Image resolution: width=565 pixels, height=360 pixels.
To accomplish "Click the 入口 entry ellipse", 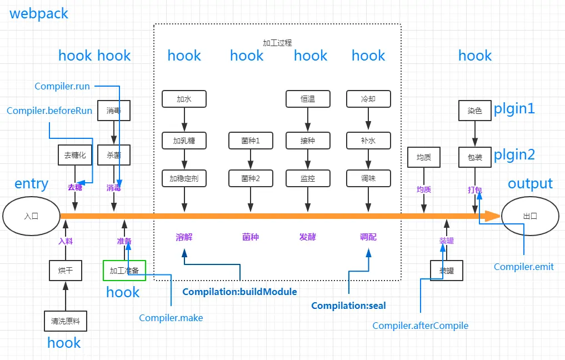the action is (x=31, y=216).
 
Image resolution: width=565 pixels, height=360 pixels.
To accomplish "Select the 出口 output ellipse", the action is (x=530, y=216).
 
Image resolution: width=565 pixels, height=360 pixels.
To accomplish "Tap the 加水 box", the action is (x=184, y=99).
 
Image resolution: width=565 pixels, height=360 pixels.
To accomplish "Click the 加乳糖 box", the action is (x=184, y=141).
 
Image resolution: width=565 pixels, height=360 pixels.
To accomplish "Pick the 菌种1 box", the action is (x=251, y=141).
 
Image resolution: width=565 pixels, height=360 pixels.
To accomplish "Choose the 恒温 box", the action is (x=308, y=99).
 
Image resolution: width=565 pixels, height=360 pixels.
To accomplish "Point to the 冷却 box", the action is (x=368, y=99).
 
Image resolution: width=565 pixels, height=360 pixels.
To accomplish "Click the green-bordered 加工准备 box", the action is (x=124, y=270).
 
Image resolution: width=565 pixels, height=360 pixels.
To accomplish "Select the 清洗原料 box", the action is (x=66, y=321).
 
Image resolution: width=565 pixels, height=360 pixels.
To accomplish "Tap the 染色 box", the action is (x=475, y=110).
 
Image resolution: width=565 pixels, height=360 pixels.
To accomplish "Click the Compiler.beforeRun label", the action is (x=49, y=111).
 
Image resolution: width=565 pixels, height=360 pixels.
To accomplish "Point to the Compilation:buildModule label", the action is (x=239, y=292).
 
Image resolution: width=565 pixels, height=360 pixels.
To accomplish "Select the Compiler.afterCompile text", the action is (x=420, y=326).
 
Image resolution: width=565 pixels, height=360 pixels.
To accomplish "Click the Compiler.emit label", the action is (x=523, y=267).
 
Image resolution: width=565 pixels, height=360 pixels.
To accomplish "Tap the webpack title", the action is (x=38, y=14).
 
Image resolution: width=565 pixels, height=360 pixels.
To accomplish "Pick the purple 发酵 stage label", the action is (x=307, y=237).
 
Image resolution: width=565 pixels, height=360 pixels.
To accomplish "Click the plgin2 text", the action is (x=514, y=154).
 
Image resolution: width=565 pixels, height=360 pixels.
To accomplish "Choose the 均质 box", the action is (x=424, y=157).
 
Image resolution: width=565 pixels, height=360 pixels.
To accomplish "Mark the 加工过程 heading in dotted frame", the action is (x=277, y=43).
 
